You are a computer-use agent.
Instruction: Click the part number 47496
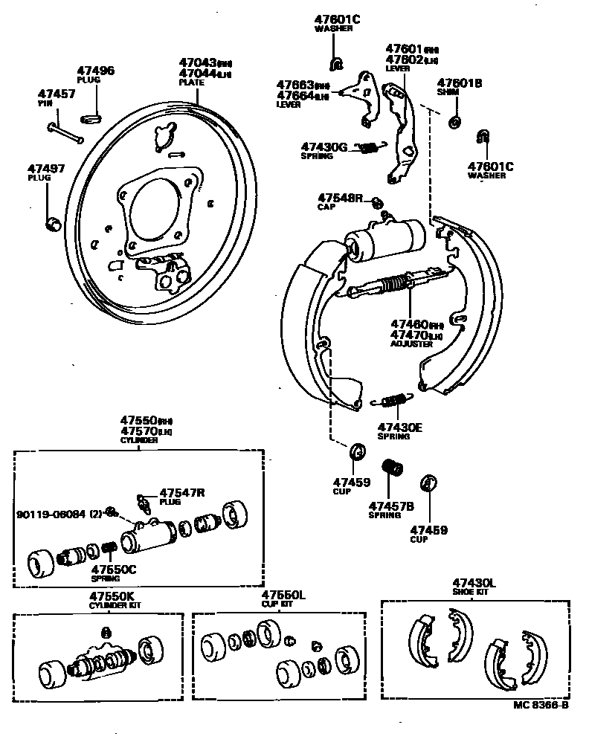pyautogui.click(x=96, y=71)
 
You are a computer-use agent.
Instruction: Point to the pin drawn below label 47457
pyautogui.click(x=66, y=132)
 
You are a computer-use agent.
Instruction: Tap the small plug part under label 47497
pyautogui.click(x=52, y=222)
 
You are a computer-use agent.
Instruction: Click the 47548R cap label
pyautogui.click(x=340, y=198)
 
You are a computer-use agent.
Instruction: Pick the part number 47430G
pyautogui.click(x=324, y=147)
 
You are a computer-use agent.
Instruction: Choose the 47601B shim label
pyautogui.click(x=460, y=83)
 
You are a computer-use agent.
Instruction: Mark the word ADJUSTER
pyautogui.click(x=411, y=344)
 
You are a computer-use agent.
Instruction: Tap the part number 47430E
pyautogui.click(x=399, y=427)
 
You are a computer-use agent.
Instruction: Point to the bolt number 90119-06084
pyautogui.click(x=52, y=513)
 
